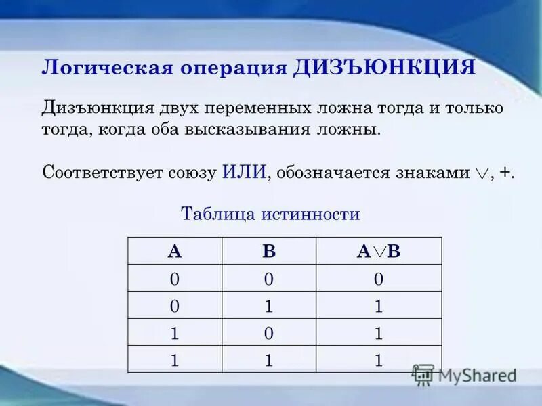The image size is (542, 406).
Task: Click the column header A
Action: click(x=175, y=252)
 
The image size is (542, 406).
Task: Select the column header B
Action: click(x=269, y=252)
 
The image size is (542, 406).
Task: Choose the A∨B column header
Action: click(x=379, y=252)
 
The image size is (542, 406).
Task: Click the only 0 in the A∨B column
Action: click(x=379, y=279)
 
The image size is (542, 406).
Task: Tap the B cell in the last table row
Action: click(x=269, y=360)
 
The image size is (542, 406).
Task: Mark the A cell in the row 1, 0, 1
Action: click(x=175, y=333)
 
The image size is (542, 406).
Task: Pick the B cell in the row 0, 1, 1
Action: click(x=269, y=306)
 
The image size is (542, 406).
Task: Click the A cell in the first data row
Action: click(x=175, y=279)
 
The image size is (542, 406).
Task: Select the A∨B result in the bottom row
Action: click(x=379, y=360)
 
